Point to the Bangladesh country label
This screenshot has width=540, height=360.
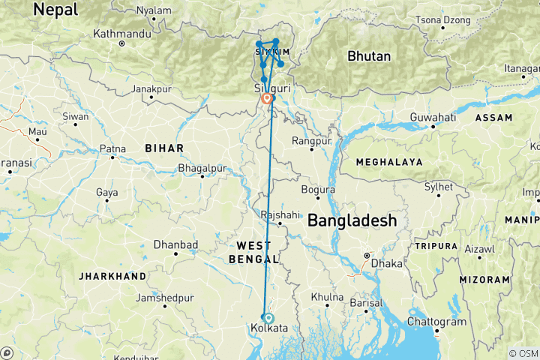[x=352, y=220]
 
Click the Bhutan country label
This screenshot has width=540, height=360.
[x=369, y=56]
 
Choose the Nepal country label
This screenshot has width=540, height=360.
[x=57, y=10]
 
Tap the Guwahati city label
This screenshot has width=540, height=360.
[x=433, y=118]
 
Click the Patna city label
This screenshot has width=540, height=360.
[x=112, y=148]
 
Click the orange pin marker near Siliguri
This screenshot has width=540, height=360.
[x=266, y=98]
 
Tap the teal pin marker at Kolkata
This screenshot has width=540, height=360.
[x=268, y=317]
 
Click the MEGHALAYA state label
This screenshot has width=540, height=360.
[x=390, y=161]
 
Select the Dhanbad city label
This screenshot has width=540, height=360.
[x=175, y=244]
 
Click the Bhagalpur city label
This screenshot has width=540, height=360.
[x=202, y=168]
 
